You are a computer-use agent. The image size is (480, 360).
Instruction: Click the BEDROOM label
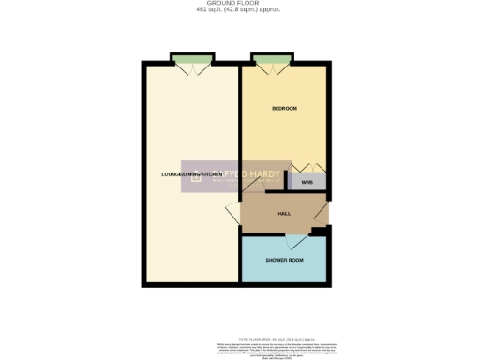[284, 109]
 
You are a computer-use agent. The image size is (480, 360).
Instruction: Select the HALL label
[284, 214]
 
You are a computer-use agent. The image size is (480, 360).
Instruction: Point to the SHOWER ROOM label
[284, 260]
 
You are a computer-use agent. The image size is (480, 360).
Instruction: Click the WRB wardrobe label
[307, 183]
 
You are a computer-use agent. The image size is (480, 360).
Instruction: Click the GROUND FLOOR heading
[239, 4]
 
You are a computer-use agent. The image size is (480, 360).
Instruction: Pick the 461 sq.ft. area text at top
[239, 10]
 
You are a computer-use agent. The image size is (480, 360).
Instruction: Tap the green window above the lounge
[190, 62]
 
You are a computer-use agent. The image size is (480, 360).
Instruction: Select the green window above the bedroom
[270, 62]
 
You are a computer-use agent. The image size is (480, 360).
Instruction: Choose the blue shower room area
[284, 272]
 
